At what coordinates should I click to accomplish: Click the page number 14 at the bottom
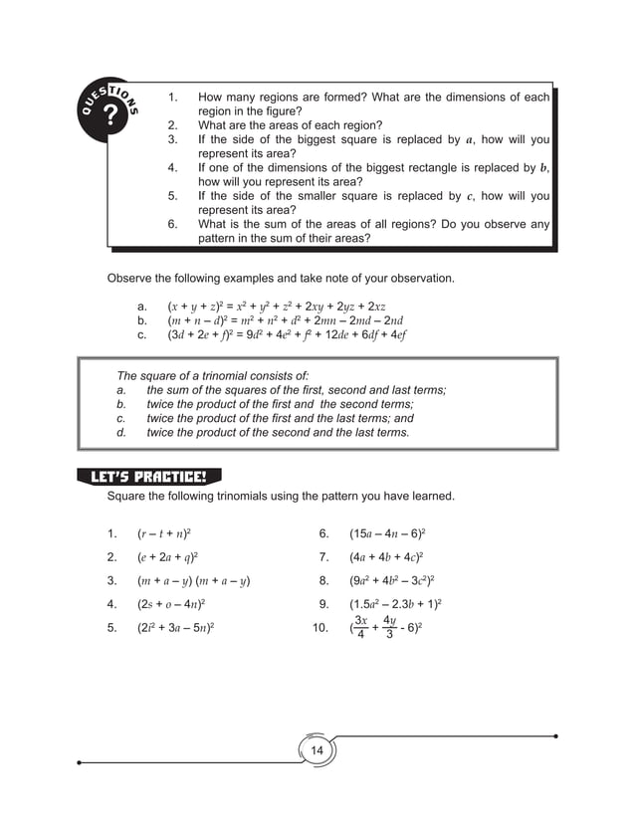(317, 749)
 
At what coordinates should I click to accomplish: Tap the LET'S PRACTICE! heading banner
(148, 477)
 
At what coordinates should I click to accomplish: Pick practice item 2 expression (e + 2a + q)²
(167, 556)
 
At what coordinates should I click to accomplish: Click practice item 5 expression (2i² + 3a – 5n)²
(176, 628)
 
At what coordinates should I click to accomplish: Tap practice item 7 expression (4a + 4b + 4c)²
(386, 556)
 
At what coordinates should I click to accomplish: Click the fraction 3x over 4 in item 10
(360, 628)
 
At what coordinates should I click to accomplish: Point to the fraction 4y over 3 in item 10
(390, 628)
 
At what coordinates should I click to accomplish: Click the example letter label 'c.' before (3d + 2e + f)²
(143, 335)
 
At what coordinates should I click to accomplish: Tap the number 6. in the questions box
(172, 225)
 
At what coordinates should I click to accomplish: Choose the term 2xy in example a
(317, 307)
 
